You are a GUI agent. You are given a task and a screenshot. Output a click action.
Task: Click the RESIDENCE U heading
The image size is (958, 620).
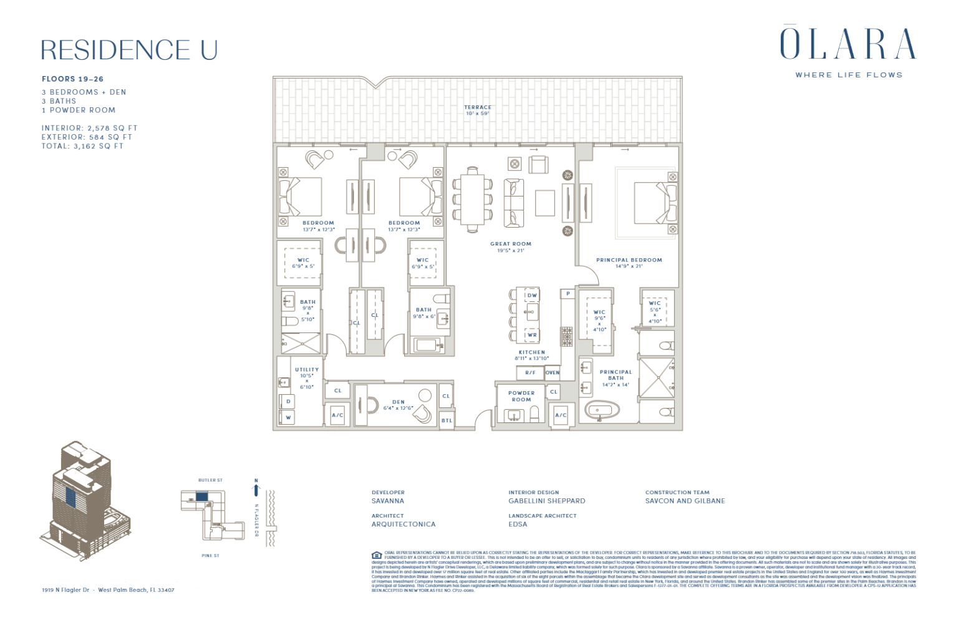pos(129,50)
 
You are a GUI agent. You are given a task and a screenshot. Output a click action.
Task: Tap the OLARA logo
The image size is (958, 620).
pos(848,44)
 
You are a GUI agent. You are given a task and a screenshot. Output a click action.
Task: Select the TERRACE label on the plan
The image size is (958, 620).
pos(477,107)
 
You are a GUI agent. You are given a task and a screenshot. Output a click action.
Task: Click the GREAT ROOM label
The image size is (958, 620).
pos(511,244)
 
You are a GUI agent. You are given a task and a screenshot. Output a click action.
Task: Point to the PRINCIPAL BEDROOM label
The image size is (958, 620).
pos(629,260)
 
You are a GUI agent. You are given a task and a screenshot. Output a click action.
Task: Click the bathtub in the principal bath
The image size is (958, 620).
pos(602,411)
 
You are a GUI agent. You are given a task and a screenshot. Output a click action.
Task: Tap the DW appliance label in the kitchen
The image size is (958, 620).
pos(532,296)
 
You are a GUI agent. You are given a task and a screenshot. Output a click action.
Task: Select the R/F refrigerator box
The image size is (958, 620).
pos(530,373)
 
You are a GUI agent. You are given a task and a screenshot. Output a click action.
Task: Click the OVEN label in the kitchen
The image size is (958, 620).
pos(553,373)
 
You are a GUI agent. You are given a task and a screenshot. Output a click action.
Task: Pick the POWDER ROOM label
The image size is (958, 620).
pos(521,396)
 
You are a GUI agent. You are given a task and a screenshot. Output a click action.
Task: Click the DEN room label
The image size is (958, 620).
pos(399,402)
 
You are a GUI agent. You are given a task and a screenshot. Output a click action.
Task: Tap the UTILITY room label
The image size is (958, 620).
pos(307,370)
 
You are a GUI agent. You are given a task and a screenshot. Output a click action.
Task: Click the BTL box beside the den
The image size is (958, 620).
pos(447,420)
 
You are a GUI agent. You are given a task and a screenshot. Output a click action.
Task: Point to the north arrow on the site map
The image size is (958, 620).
pos(256,488)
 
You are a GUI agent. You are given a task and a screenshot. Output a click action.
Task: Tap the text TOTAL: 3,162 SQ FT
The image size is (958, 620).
pos(82,146)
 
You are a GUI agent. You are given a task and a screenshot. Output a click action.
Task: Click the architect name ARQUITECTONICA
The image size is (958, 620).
pos(404,525)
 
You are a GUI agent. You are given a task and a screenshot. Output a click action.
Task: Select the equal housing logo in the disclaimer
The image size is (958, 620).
pos(377,555)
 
